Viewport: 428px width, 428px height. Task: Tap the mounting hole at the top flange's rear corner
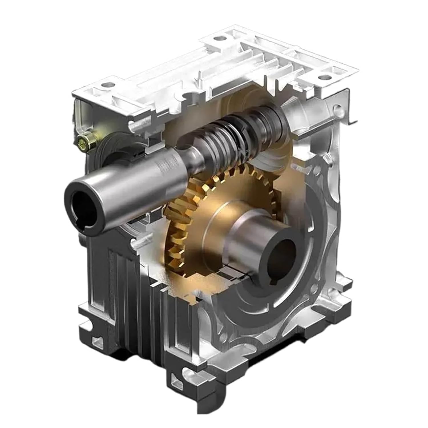218,38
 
